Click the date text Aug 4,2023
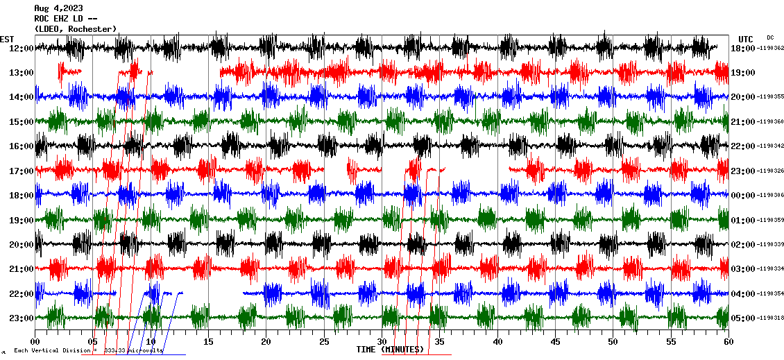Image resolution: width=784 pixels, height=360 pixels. (58, 8)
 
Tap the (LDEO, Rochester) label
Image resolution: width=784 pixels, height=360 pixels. (75, 29)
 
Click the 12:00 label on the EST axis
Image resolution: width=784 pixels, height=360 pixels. (22, 49)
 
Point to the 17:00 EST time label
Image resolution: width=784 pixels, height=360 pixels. (22, 171)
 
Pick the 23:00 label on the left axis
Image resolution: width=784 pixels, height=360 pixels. (22, 318)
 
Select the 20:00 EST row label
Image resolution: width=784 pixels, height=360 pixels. (22, 245)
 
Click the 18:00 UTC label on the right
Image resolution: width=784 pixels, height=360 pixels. (743, 49)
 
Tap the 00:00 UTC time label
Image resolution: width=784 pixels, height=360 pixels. (743, 196)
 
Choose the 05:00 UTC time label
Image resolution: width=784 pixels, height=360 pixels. (743, 318)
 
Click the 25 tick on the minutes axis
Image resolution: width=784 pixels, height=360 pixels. (324, 342)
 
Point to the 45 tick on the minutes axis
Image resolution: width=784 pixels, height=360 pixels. (555, 342)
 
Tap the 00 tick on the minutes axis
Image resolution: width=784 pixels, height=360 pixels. (35, 342)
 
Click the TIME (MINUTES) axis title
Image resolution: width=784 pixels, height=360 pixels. (390, 350)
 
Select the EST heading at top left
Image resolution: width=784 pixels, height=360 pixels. (7, 39)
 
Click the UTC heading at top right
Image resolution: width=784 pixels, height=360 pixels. (746, 39)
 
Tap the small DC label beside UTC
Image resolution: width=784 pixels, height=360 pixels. (770, 37)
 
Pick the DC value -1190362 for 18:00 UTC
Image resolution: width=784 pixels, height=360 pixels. (770, 49)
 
